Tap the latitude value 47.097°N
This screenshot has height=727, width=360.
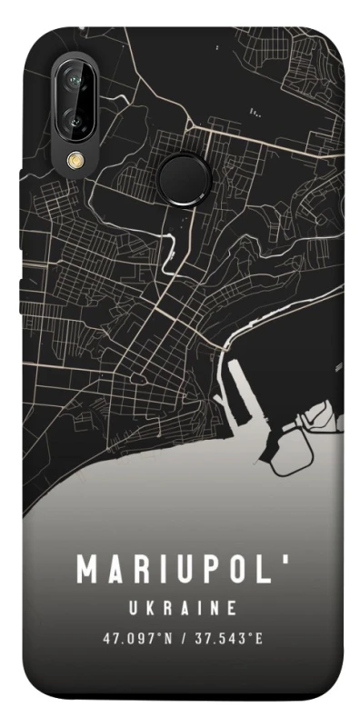click(135, 639)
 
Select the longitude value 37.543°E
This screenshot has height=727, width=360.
click(227, 639)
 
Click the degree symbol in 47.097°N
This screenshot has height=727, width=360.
click(157, 635)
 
